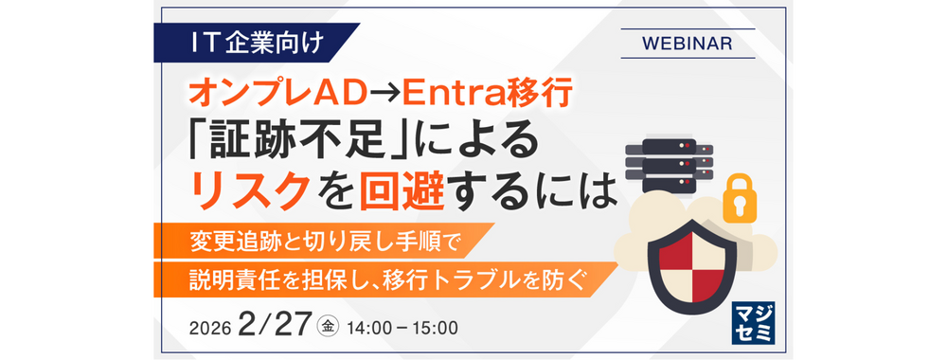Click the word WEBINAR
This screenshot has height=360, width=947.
click(x=688, y=44)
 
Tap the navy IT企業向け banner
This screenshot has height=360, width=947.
click(x=257, y=43)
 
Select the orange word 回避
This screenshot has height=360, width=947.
click(x=403, y=192)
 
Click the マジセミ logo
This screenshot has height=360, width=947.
click(x=753, y=322)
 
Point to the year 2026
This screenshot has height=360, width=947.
click(x=210, y=328)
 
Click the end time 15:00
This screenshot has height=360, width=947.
click(x=437, y=328)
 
